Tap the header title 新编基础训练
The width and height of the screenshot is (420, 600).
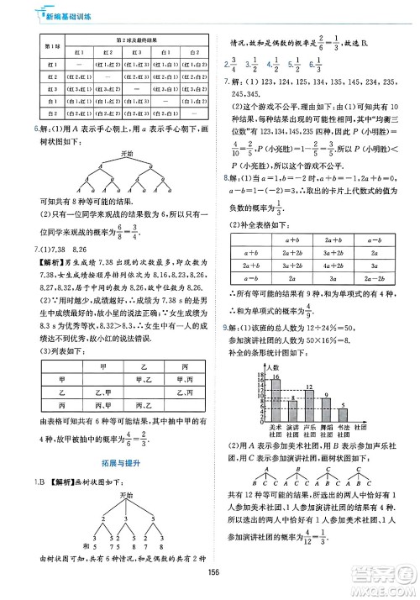tap(50, 14)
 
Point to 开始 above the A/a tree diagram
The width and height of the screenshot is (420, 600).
tap(127, 154)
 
